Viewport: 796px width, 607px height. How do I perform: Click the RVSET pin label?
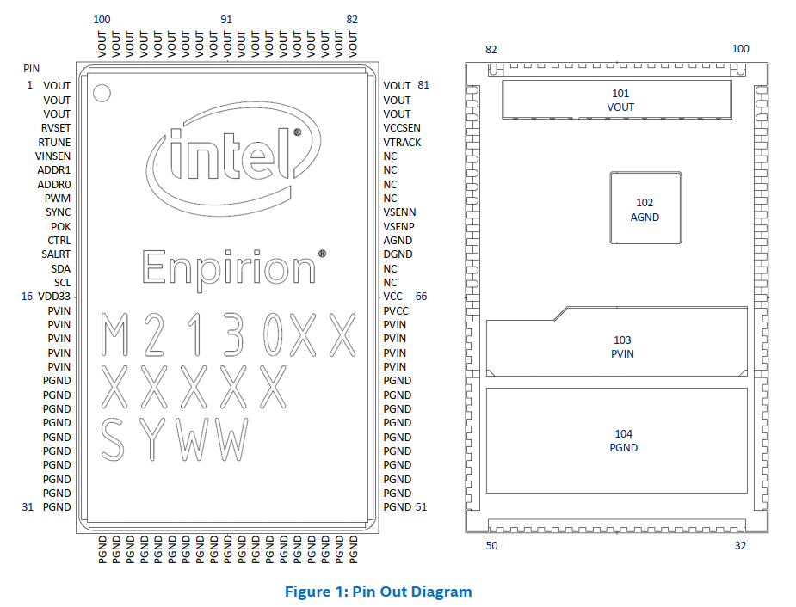pos(56,128)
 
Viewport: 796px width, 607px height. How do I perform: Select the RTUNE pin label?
pos(55,142)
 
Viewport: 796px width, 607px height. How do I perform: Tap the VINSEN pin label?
pos(53,156)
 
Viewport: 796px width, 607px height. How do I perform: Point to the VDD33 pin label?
pos(54,297)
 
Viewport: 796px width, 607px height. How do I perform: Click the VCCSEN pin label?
pos(402,128)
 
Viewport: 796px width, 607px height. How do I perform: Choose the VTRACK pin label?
pos(402,142)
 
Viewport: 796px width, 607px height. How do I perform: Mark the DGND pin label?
pos(398,254)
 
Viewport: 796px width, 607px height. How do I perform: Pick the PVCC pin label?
pos(396,310)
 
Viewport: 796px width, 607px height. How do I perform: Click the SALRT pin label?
pos(56,254)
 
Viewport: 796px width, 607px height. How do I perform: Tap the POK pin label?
pos(61,226)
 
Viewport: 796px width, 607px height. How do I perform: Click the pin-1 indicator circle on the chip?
pos(102,93)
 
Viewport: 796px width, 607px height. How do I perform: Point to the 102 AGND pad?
pos(645,210)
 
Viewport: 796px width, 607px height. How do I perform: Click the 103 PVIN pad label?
pos(622,347)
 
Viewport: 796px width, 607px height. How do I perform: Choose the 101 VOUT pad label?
pos(620,101)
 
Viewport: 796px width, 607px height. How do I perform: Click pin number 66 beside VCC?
pos(422,297)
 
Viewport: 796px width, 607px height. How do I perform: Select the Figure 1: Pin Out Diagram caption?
pos(379,592)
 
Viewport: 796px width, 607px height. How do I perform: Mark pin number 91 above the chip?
pos(226,19)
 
